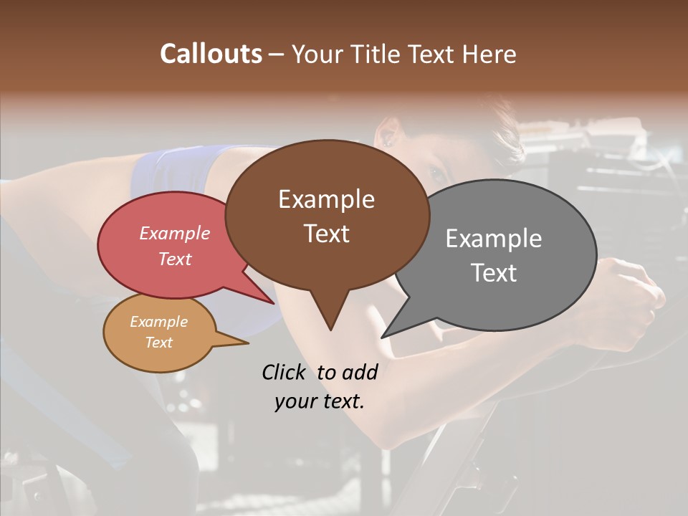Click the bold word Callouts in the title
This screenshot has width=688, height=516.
(211, 54)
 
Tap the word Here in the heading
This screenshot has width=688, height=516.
(489, 54)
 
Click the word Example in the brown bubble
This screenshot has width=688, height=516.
(326, 199)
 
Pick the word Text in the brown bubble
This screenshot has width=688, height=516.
(326, 234)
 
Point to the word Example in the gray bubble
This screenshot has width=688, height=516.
(493, 239)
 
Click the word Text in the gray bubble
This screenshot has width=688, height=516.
(493, 273)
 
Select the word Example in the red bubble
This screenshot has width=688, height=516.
(175, 233)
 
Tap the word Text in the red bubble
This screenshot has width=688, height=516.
(175, 259)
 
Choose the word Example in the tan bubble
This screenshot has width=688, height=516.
(158, 322)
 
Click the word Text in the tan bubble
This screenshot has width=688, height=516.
(158, 343)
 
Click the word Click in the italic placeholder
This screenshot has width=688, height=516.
(285, 372)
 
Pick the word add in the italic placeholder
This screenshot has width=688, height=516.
(360, 372)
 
